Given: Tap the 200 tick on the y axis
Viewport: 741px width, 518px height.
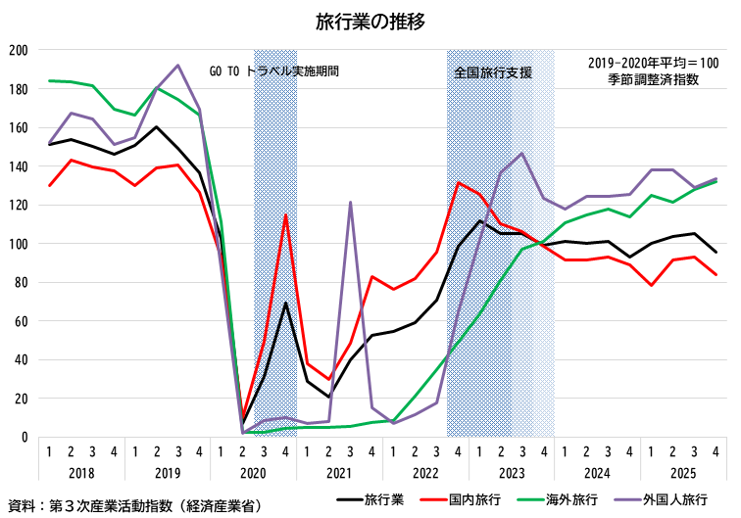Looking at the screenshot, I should pyautogui.click(x=19, y=50).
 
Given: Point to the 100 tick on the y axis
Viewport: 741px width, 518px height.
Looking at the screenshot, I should pyautogui.click(x=19, y=244).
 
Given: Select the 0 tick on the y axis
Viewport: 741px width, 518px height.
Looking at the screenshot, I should pyautogui.click(x=25, y=437).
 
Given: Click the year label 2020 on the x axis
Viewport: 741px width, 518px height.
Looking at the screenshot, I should pyautogui.click(x=252, y=473).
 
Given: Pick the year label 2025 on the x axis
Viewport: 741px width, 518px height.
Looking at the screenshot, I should pyautogui.click(x=682, y=473).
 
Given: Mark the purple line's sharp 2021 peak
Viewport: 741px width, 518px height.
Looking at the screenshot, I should pyautogui.click(x=350, y=203).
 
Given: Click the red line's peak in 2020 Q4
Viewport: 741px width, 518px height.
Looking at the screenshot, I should pyautogui.click(x=285, y=215).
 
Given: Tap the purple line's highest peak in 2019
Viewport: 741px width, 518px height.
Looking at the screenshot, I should pyautogui.click(x=177, y=66).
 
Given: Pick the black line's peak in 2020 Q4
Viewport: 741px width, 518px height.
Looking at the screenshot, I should pyautogui.click(x=285, y=303).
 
